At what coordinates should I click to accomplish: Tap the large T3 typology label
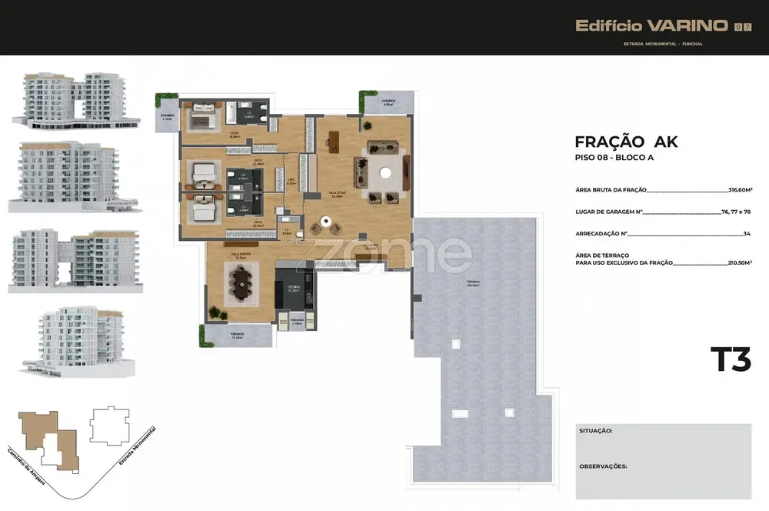[730, 360]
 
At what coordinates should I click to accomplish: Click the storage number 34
[747, 233]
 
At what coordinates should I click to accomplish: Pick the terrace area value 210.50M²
[740, 262]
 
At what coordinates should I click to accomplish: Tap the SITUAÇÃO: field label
[596, 431]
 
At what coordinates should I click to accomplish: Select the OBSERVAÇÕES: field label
[603, 466]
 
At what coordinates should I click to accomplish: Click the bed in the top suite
[203, 115]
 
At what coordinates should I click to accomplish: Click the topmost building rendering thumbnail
[74, 99]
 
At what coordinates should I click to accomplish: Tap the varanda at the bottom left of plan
[237, 336]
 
